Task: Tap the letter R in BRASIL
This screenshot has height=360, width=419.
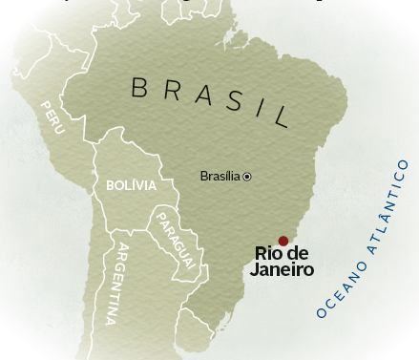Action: (x=169, y=90)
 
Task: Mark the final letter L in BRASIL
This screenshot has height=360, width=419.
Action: (x=280, y=117)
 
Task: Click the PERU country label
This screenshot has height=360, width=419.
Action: (x=52, y=116)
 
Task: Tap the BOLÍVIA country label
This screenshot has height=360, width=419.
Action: (x=131, y=185)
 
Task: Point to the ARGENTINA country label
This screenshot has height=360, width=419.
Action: (x=122, y=286)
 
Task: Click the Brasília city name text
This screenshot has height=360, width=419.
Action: (x=220, y=176)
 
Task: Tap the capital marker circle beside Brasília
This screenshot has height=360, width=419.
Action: (x=247, y=177)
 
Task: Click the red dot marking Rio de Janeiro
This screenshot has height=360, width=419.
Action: (x=283, y=241)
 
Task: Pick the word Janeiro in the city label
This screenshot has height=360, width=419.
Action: (x=282, y=270)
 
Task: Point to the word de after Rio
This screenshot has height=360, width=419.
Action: (x=298, y=254)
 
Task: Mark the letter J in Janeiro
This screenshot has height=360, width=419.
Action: (x=255, y=270)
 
